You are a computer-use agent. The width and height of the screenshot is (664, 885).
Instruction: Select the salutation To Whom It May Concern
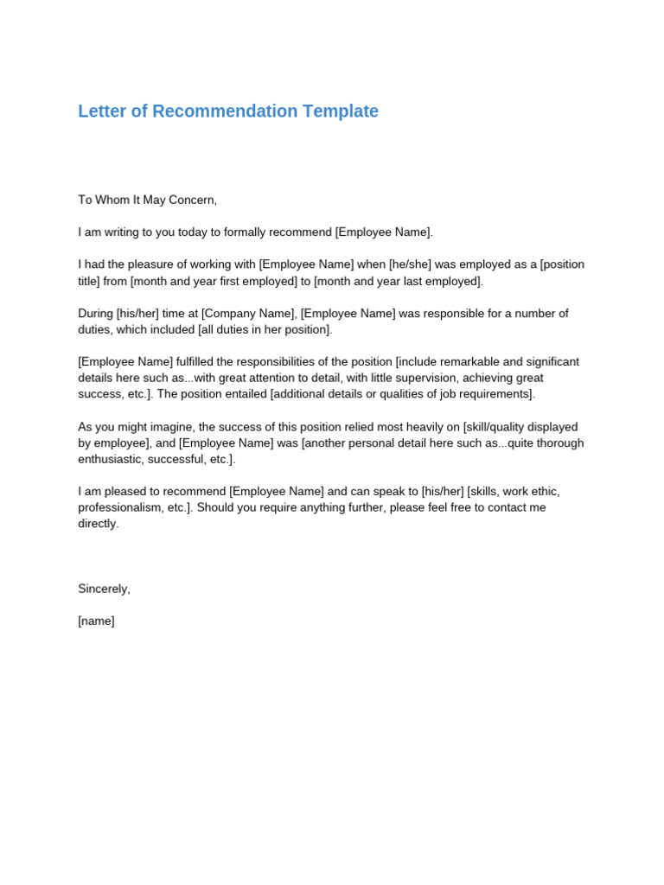[147, 201]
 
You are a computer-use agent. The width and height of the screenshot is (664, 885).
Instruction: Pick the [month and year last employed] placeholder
[399, 281]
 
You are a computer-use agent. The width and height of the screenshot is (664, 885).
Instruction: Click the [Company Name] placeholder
[248, 314]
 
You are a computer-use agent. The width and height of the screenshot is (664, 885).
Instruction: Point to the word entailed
[241, 394]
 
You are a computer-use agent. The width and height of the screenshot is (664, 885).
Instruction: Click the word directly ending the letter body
[98, 524]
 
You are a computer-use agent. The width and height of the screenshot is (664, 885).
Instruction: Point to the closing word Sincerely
[104, 589]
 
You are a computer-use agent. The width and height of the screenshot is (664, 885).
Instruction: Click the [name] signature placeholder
[96, 621]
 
